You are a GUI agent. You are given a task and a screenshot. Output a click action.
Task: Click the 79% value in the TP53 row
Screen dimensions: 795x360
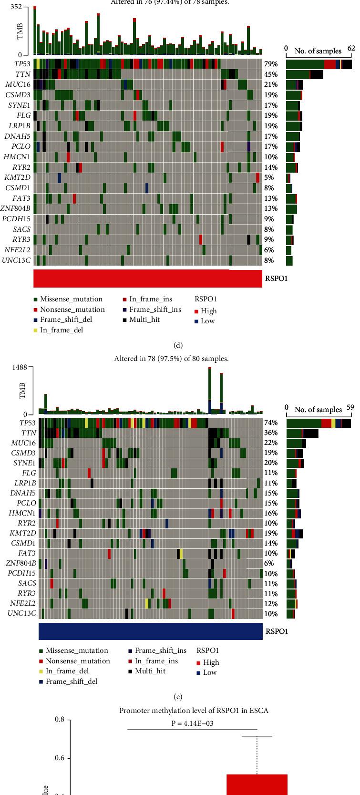click(269, 63)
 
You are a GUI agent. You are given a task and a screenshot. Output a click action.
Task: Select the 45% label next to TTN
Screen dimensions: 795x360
click(269, 74)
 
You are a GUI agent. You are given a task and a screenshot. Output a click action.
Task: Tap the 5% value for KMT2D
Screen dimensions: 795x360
click(269, 177)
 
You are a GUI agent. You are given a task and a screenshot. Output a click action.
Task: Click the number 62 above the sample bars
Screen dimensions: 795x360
click(351, 48)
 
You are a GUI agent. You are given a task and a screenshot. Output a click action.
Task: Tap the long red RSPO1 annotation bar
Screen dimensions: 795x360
click(147, 279)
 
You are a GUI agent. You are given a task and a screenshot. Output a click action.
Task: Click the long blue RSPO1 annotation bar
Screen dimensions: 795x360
click(150, 631)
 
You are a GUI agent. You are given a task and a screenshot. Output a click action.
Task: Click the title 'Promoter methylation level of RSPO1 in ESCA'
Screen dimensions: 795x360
click(194, 711)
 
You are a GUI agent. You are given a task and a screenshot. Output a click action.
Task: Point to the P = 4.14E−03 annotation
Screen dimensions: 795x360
click(193, 723)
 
